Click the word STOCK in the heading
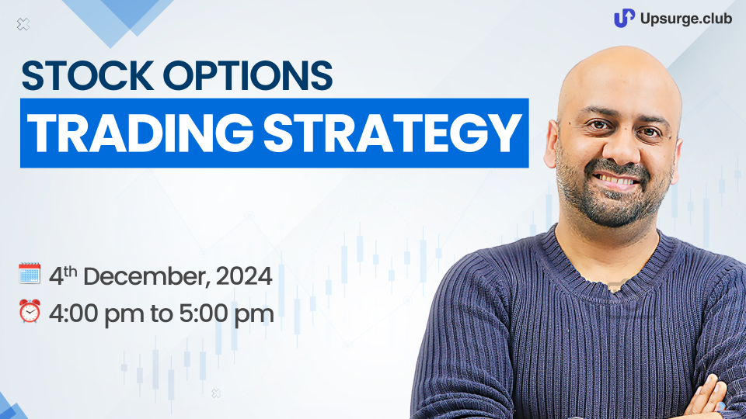click(88, 75)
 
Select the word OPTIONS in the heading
click(248, 75)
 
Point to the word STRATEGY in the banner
click(392, 133)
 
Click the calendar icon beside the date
click(30, 274)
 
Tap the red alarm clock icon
click(30, 311)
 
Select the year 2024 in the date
click(244, 276)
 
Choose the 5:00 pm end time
click(226, 314)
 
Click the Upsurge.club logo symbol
click(624, 18)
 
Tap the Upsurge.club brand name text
click(686, 19)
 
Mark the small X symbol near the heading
click(23, 24)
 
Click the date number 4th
click(63, 276)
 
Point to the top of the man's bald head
click(619, 50)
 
